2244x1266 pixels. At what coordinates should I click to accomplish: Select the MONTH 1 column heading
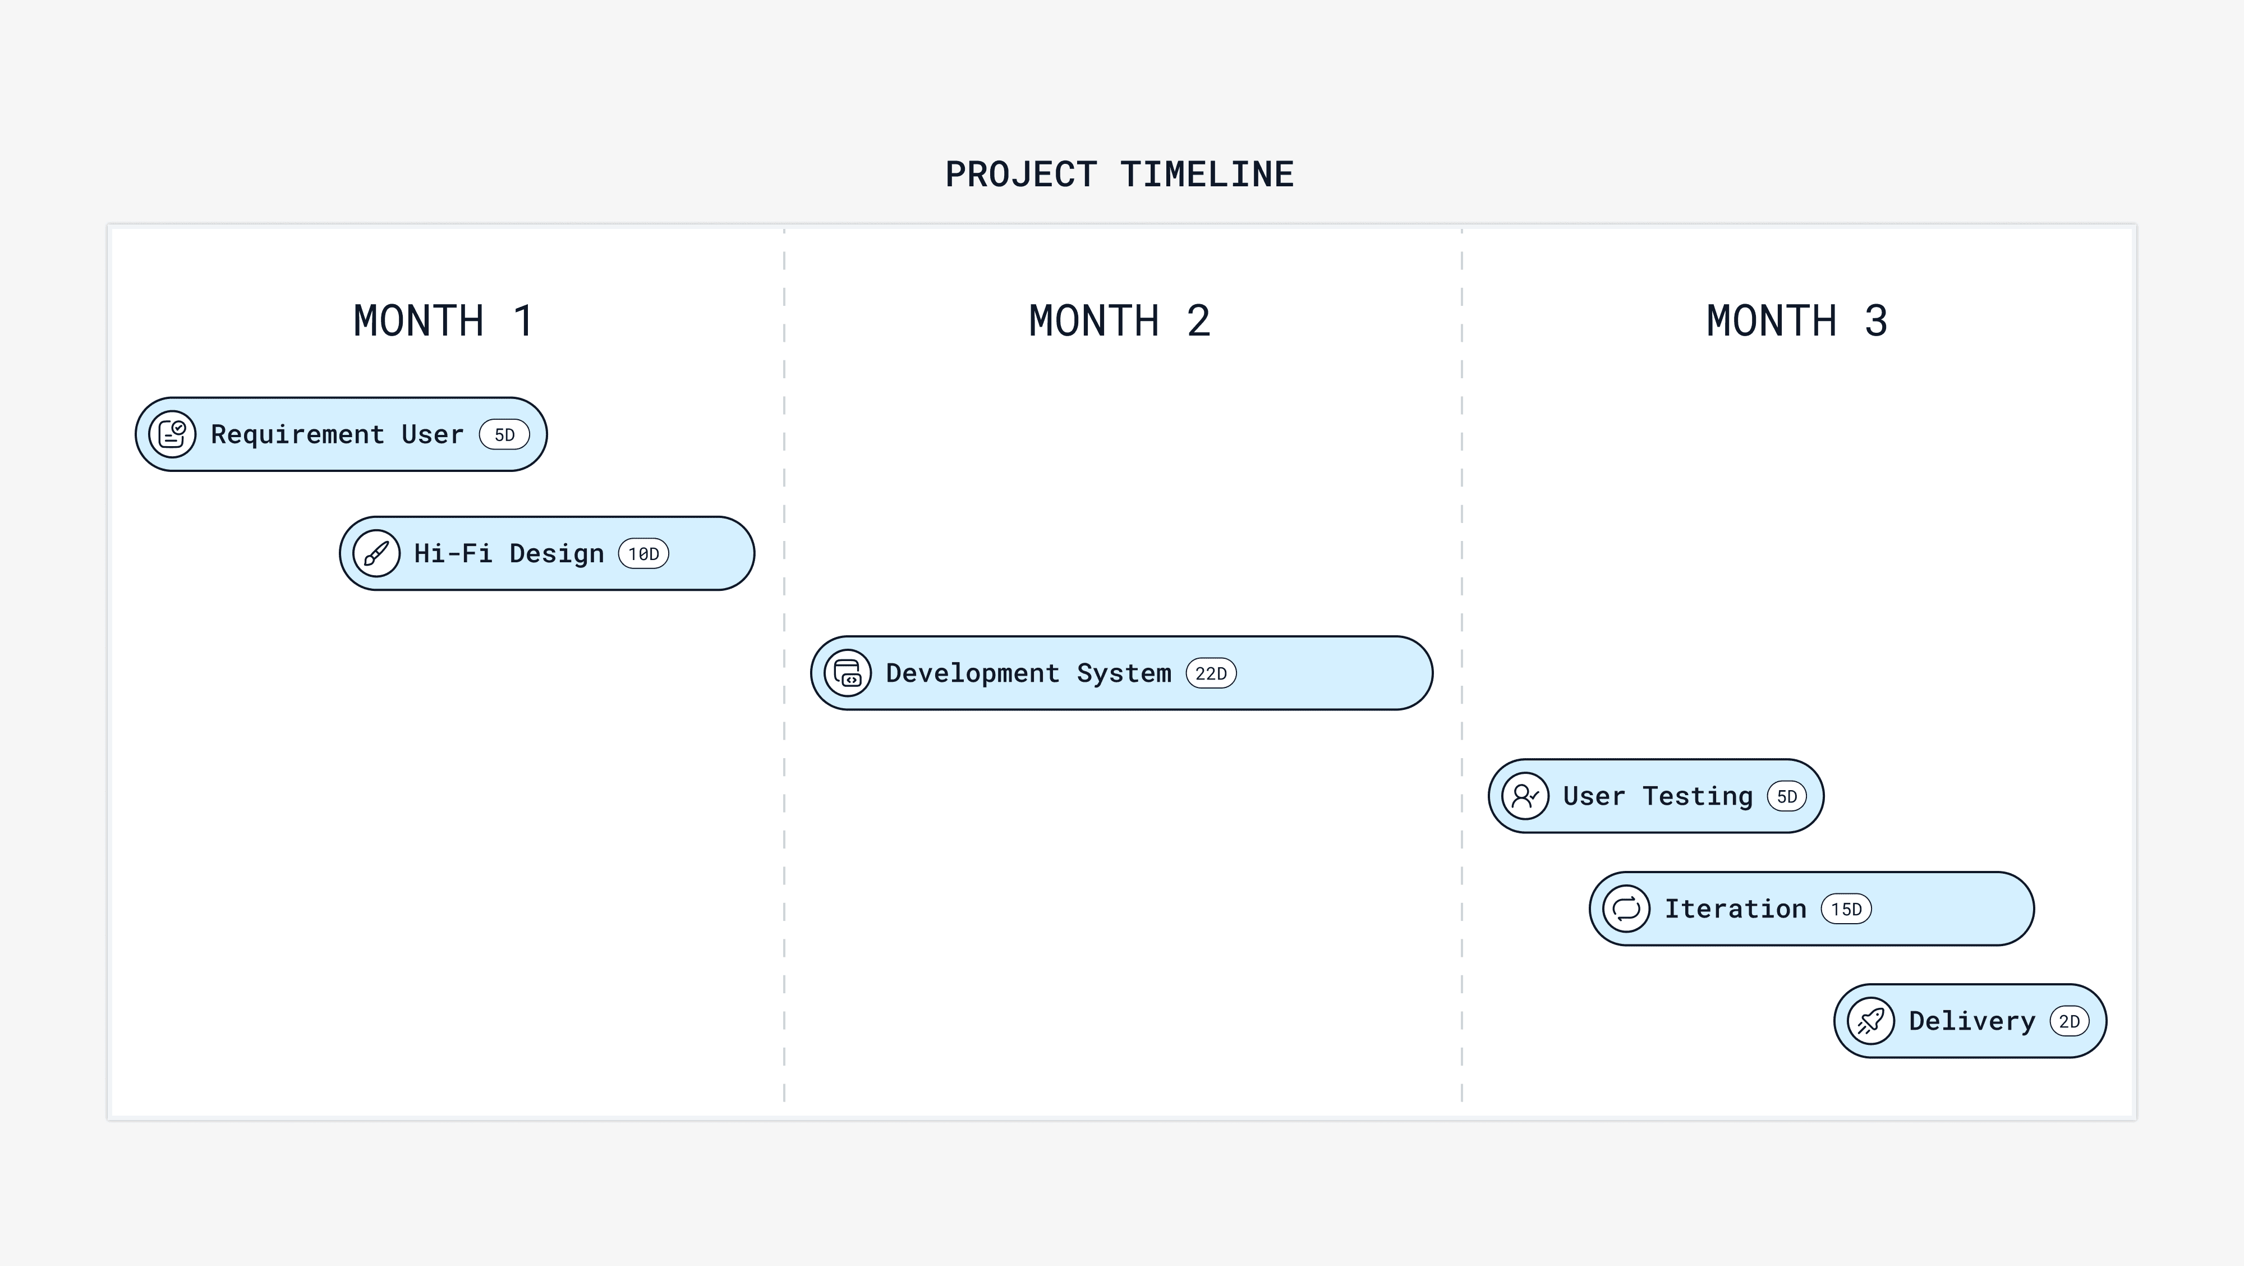click(x=443, y=320)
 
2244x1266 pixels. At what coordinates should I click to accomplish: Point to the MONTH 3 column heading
click(x=1796, y=320)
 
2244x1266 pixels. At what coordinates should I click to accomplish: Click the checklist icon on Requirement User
click(x=172, y=434)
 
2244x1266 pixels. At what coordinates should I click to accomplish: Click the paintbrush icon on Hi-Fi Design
click(x=376, y=553)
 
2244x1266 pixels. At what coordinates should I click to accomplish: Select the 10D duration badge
click(x=644, y=554)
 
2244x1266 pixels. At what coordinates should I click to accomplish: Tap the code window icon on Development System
click(x=848, y=673)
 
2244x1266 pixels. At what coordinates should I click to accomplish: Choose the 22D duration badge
click(x=1211, y=673)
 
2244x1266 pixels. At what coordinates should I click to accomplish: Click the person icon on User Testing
click(x=1525, y=796)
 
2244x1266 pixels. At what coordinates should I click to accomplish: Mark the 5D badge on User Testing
click(x=1787, y=796)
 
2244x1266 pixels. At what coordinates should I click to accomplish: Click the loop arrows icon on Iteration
click(x=1626, y=909)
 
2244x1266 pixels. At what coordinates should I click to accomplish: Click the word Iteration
click(x=1735, y=909)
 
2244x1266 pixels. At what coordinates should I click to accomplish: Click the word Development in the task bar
click(x=972, y=673)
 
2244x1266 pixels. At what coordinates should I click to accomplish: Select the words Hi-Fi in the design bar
click(x=452, y=553)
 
